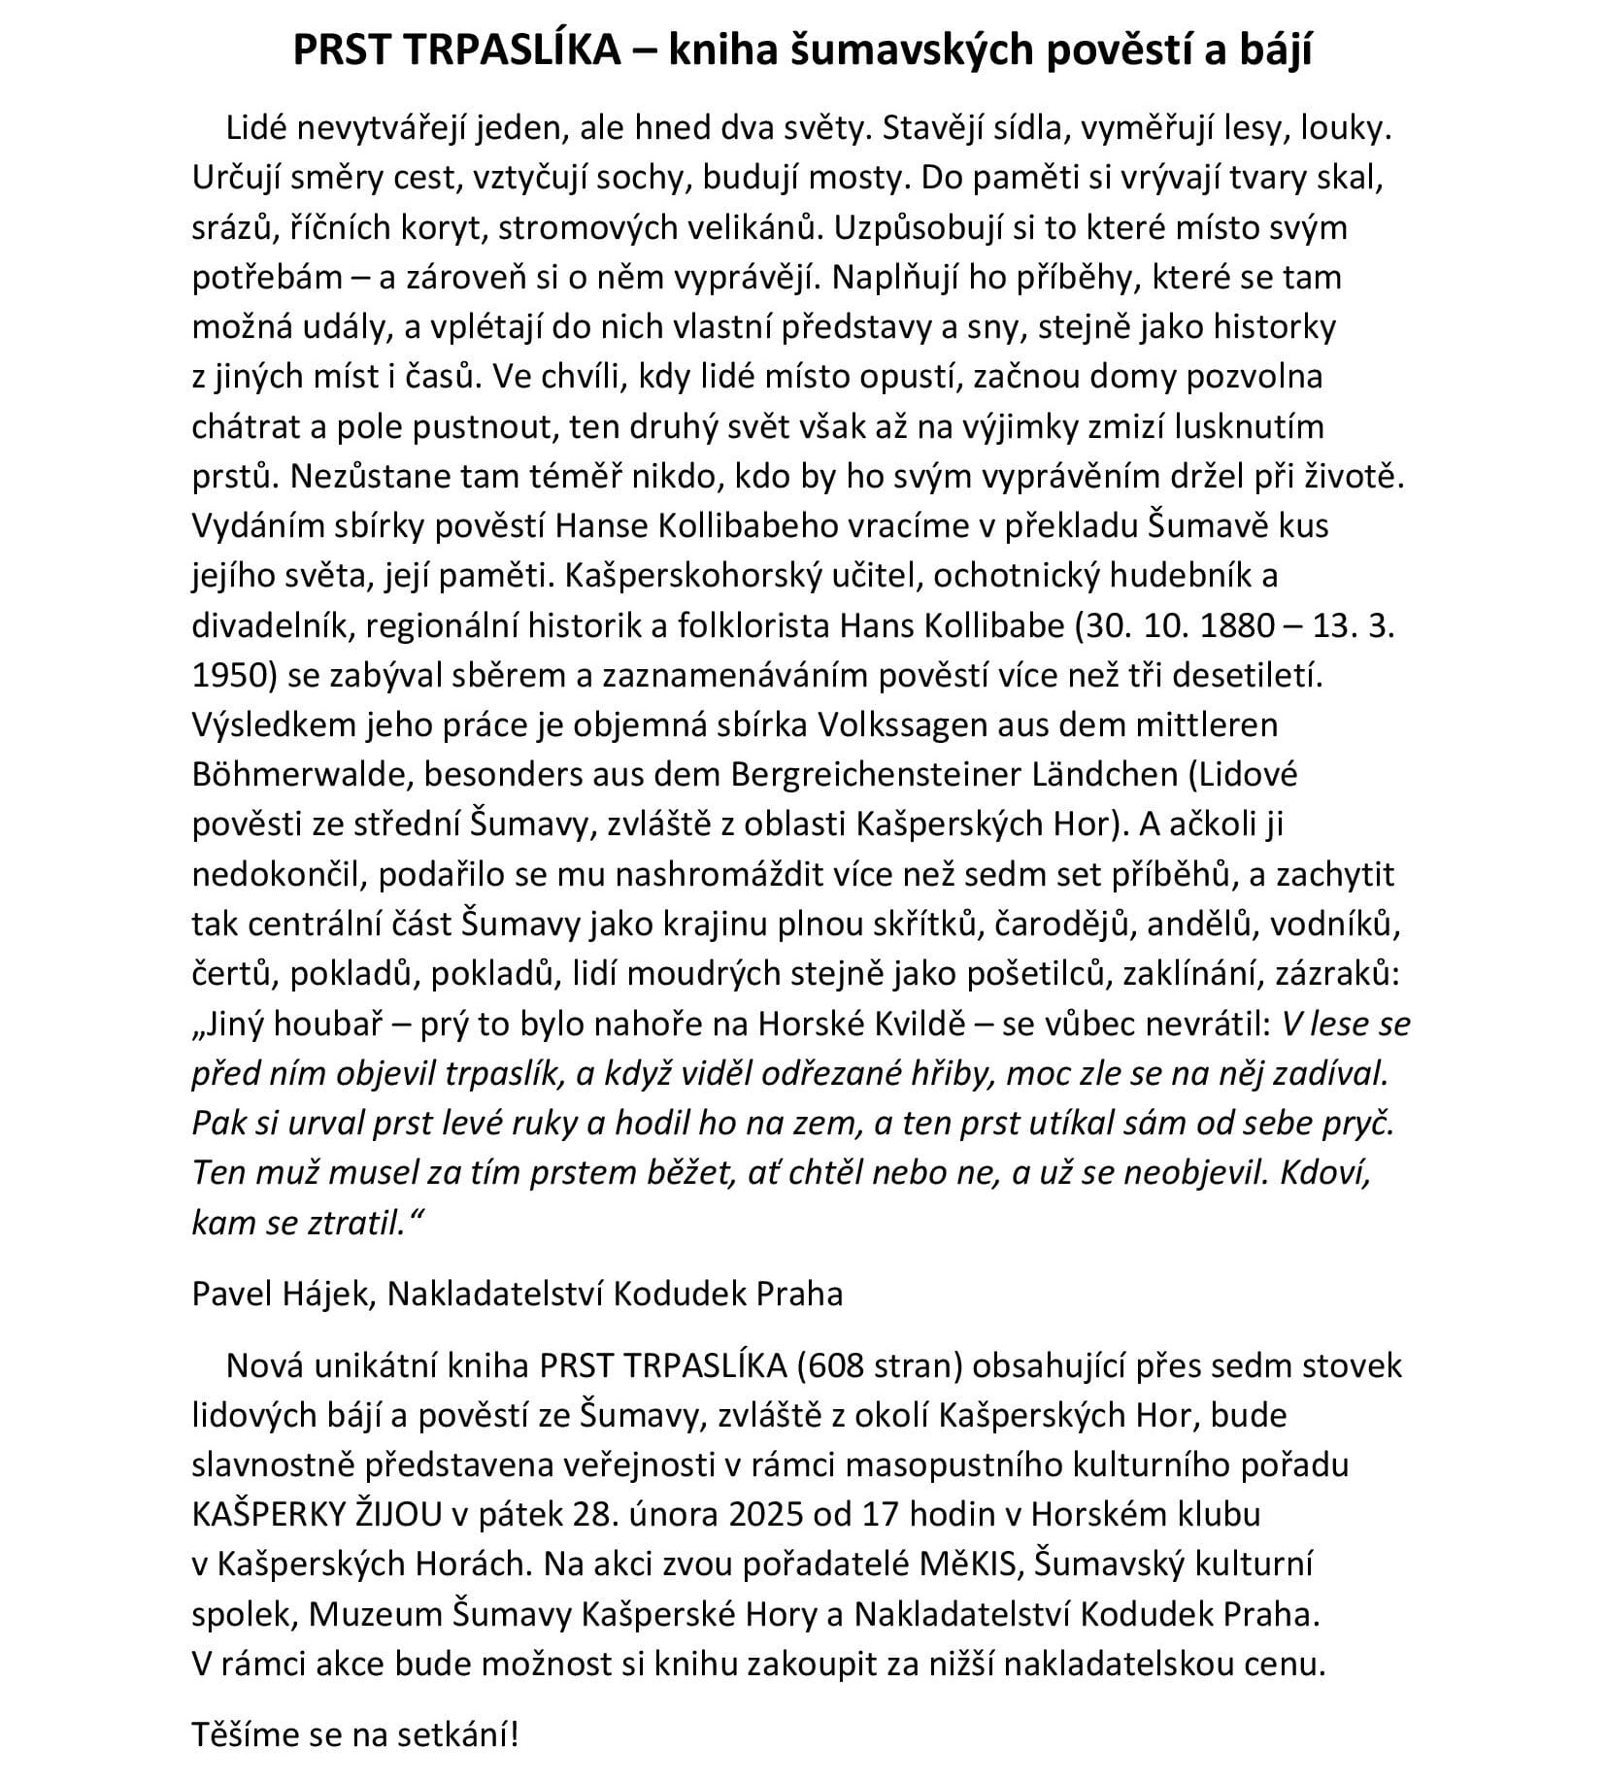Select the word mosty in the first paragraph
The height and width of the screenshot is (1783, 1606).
pyautogui.click(x=861, y=178)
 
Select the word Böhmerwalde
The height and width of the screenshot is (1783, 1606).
pyautogui.click(x=298, y=774)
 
